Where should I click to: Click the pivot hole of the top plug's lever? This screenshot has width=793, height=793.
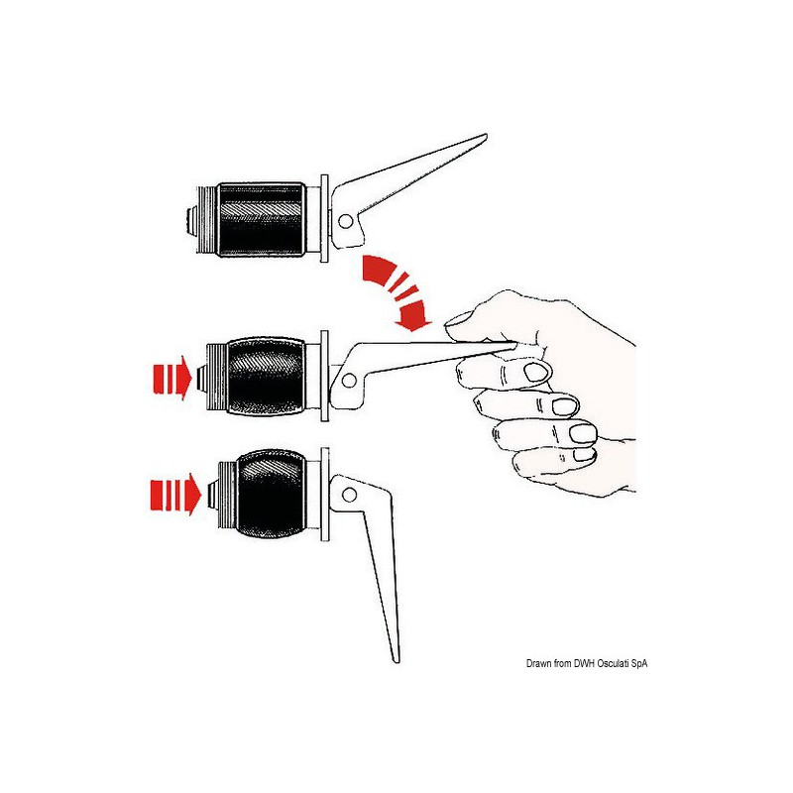click(x=345, y=221)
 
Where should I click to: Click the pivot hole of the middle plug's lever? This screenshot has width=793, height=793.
click(x=349, y=381)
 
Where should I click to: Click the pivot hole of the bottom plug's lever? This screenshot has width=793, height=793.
click(x=349, y=495)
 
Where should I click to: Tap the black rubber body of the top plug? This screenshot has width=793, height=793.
click(x=261, y=219)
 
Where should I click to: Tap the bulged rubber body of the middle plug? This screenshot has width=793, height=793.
click(x=266, y=376)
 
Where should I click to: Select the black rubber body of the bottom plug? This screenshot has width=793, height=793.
click(x=271, y=494)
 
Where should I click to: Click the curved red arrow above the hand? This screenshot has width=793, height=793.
click(x=397, y=291)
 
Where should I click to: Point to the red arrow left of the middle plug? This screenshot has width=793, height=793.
click(x=171, y=378)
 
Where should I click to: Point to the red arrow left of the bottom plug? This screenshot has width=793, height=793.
click(x=175, y=494)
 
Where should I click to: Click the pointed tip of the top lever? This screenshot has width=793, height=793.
click(x=486, y=135)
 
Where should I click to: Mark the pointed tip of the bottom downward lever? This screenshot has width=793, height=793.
click(x=396, y=660)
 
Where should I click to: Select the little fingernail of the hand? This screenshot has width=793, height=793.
click(x=584, y=454)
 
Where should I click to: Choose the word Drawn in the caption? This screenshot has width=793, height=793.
click(x=538, y=663)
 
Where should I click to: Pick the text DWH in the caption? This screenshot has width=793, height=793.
click(x=585, y=663)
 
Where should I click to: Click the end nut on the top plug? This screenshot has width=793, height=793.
click(x=191, y=220)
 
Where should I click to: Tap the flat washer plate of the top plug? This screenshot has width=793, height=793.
click(x=324, y=218)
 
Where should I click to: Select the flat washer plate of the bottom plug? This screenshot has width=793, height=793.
click(x=325, y=495)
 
